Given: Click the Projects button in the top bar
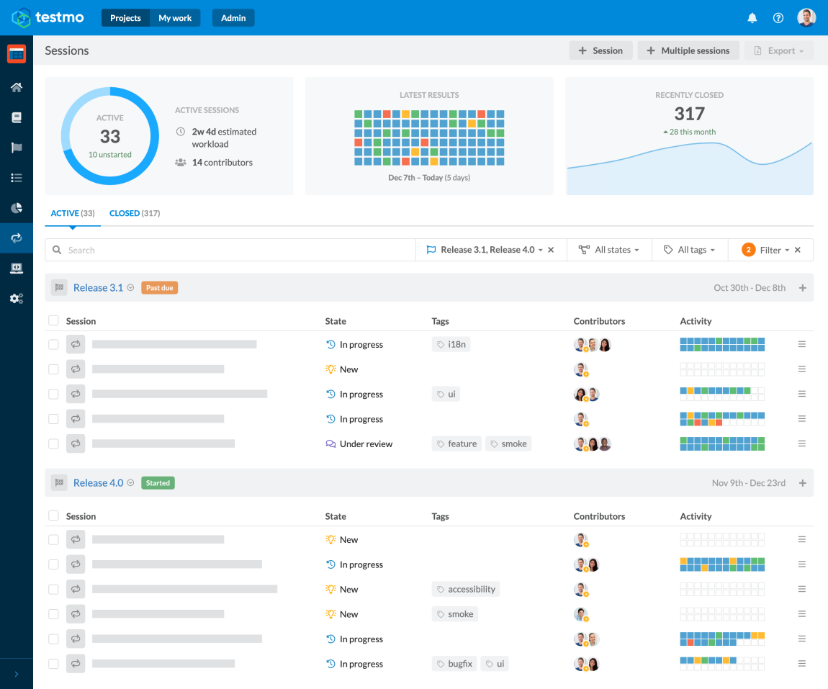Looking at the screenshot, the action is [x=126, y=18].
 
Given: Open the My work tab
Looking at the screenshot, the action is [x=175, y=18].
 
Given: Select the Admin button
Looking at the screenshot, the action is [x=233, y=18].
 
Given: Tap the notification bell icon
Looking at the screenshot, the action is [x=752, y=18].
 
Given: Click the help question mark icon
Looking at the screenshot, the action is [x=778, y=18].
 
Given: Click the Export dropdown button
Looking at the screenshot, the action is [x=780, y=50].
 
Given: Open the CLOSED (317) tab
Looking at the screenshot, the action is [x=135, y=213].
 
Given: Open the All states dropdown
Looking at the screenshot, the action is [x=609, y=250].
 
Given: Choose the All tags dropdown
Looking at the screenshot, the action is [x=690, y=250].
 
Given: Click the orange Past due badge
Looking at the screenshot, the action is [x=159, y=288].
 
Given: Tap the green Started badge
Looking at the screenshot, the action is [x=158, y=483].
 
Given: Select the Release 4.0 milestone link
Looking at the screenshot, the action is [x=98, y=483].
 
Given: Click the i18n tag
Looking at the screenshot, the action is [x=451, y=344].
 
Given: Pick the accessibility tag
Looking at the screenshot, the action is [x=466, y=589].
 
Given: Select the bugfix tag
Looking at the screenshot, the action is [x=454, y=664].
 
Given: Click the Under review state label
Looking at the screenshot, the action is [x=366, y=444].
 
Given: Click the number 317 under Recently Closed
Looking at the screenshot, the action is [x=689, y=114].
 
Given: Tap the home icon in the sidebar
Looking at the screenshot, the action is [x=17, y=87].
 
